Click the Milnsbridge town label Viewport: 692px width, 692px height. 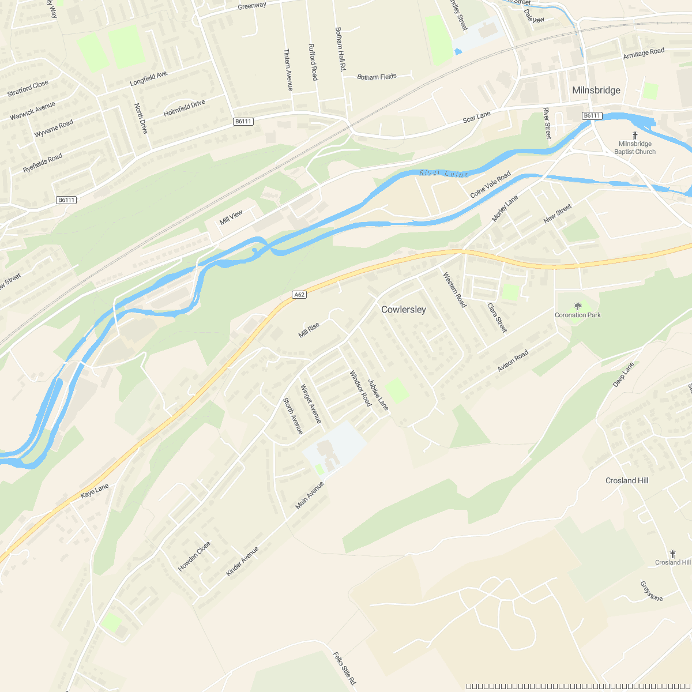(x=596, y=90)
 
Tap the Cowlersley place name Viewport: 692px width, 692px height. (x=404, y=310)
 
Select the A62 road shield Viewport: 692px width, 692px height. (x=299, y=295)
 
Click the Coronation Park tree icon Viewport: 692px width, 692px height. (x=578, y=306)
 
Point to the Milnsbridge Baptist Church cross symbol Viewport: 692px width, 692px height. (x=635, y=135)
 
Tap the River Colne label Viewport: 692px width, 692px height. (x=444, y=173)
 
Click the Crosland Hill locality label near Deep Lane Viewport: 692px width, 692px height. (x=627, y=480)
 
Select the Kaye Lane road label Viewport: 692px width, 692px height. (x=95, y=491)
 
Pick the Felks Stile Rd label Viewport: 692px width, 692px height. (x=345, y=669)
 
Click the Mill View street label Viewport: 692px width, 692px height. (x=231, y=217)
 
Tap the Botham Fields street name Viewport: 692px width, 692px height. (x=377, y=77)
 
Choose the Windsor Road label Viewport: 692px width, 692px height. (x=360, y=388)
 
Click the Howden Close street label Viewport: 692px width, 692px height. (x=194, y=556)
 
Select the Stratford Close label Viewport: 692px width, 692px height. (x=28, y=89)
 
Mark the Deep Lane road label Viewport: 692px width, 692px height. (x=623, y=374)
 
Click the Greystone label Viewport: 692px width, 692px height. (x=652, y=591)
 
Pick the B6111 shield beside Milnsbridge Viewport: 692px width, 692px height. (x=592, y=116)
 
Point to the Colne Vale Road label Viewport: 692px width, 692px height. (x=490, y=185)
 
